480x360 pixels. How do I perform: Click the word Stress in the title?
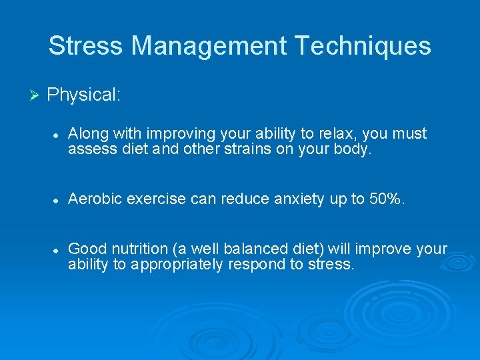[86, 46]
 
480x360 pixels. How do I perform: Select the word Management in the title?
[209, 46]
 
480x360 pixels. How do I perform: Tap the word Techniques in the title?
[363, 46]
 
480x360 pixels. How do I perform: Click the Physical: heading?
[84, 95]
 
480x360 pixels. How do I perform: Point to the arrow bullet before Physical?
[36, 95]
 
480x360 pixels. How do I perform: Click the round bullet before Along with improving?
[57, 135]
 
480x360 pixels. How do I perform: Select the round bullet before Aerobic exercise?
[57, 199]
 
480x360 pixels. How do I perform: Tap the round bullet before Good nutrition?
[57, 249]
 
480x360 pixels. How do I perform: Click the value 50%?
[386, 199]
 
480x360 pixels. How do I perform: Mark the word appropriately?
[175, 264]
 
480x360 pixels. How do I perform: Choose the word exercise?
[157, 199]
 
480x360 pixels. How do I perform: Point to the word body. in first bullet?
[351, 149]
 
